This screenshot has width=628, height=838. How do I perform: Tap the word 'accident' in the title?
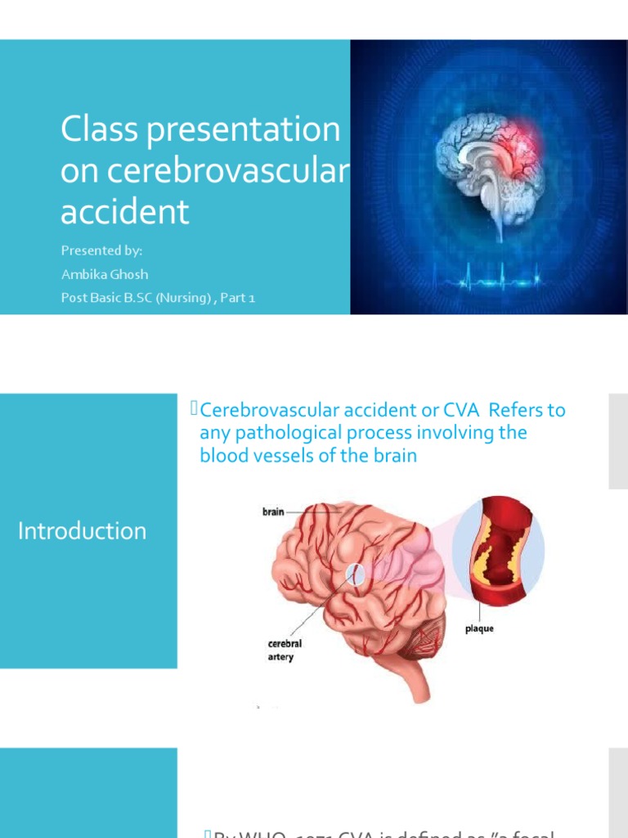point(125,211)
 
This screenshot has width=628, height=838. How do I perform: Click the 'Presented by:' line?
point(101,251)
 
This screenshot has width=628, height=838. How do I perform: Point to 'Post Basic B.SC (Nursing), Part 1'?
point(158,298)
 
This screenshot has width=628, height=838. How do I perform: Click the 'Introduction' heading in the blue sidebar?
point(82,531)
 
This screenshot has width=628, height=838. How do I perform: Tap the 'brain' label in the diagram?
point(272,511)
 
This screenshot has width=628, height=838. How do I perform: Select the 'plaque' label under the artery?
point(478,628)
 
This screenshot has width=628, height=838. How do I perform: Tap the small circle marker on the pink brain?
point(357,574)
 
